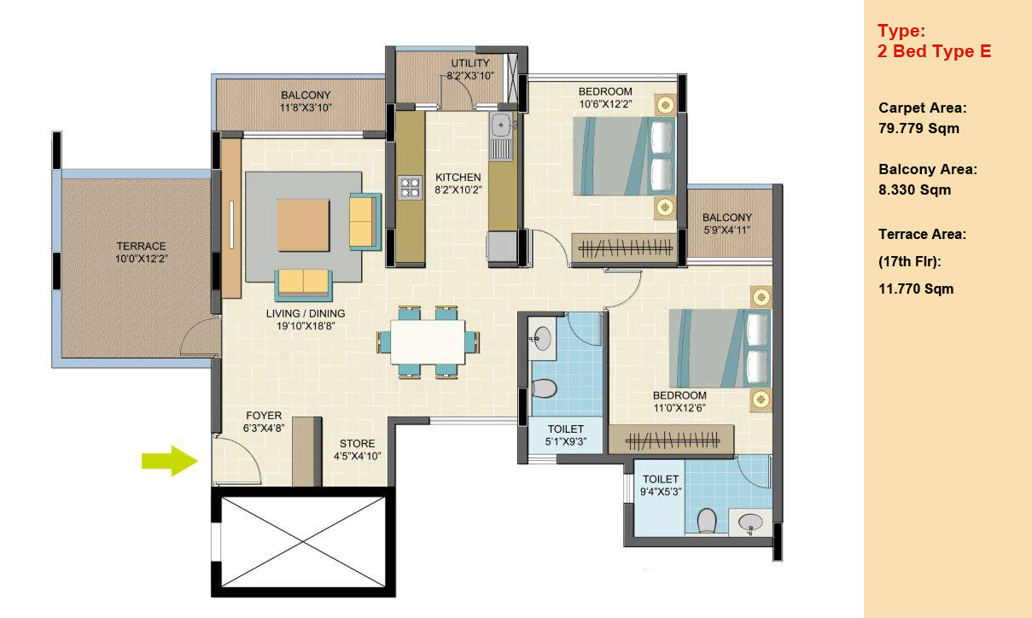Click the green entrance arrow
click(170, 460)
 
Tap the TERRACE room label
click(141, 246)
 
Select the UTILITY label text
click(470, 63)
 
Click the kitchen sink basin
click(501, 125)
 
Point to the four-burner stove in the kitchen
click(410, 188)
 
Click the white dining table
click(428, 342)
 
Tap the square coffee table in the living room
click(303, 224)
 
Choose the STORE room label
click(357, 444)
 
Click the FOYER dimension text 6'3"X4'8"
click(264, 429)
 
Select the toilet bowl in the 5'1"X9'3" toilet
click(544, 388)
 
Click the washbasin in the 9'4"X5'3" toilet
click(750, 522)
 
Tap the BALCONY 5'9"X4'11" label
click(727, 224)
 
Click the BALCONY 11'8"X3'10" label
click(306, 102)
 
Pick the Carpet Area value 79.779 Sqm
click(918, 128)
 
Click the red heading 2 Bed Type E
click(935, 51)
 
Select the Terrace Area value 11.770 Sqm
click(916, 289)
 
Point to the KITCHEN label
click(458, 178)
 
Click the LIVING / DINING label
click(306, 313)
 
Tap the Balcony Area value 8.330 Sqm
click(914, 189)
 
